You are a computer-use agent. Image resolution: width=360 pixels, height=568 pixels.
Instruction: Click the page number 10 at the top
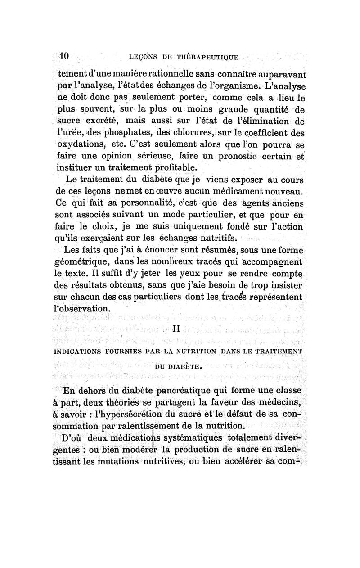[x=63, y=56]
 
